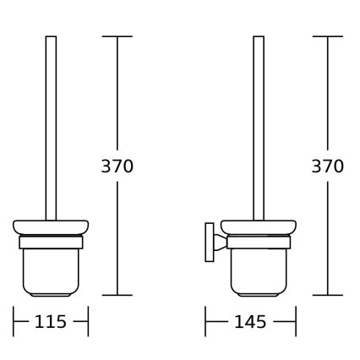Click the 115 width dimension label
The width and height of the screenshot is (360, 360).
pos(51,322)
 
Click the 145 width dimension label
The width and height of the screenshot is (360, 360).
pos(250,322)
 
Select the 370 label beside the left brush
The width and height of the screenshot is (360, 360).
pos(117,166)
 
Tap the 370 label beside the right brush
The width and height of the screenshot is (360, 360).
pos(328,166)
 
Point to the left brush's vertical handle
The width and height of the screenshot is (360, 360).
pos(51,127)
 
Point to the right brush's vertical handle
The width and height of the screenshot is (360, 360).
pos(259,127)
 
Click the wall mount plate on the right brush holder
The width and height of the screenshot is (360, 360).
pos(209,244)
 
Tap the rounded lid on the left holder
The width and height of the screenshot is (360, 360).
pos(51,227)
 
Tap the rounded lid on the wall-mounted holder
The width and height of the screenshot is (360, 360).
pos(258,227)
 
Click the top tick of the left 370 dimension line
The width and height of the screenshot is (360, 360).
pos(117,37)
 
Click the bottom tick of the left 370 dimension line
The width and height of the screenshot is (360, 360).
pos(117,295)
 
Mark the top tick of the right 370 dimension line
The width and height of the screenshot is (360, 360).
pos(328,37)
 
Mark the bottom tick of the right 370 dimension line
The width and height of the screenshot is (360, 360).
pos(328,295)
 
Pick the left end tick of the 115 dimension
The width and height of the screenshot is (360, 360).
pos(14,322)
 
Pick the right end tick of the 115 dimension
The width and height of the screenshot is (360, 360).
pos(88,322)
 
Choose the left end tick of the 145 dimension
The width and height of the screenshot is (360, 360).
pos(205,322)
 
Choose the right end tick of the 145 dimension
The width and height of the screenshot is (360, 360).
pos(296,322)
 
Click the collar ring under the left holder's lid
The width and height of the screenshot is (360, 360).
pos(51,243)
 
